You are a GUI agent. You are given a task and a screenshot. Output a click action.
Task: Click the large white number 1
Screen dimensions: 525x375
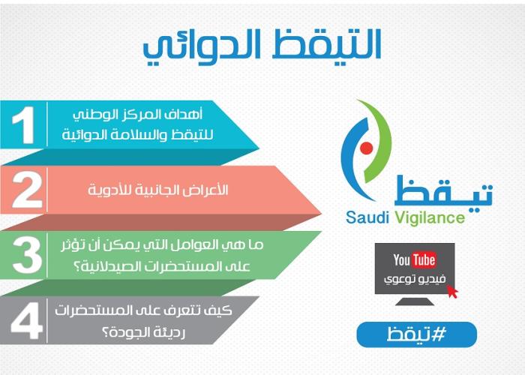pyautogui.click(x=24, y=125)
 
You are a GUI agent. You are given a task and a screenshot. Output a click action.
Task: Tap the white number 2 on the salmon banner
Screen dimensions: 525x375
pyautogui.click(x=27, y=190)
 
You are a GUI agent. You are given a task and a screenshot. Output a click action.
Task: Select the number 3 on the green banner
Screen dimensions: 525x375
pyautogui.click(x=27, y=255)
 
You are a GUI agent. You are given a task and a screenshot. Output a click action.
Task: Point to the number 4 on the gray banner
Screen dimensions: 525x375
pyautogui.click(x=27, y=320)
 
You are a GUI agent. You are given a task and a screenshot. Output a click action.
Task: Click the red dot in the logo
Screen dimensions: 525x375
pyautogui.click(x=367, y=148)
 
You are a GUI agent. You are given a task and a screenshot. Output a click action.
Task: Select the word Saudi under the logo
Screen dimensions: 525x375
pyautogui.click(x=367, y=217)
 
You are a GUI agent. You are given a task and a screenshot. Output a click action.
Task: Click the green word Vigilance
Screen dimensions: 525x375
pyautogui.click(x=430, y=218)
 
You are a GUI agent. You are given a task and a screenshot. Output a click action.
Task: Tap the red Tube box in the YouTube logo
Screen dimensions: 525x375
pyautogui.click(x=424, y=259)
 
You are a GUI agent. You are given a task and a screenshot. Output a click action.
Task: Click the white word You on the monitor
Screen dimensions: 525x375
pyautogui.click(x=402, y=259)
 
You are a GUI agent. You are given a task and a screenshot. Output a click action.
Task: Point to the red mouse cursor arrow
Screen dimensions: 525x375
pyautogui.click(x=452, y=291)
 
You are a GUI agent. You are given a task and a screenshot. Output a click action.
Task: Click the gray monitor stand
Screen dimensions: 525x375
pyautogui.click(x=415, y=301)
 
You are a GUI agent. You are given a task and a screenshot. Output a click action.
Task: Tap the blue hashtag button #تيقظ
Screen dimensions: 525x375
pyautogui.click(x=416, y=334)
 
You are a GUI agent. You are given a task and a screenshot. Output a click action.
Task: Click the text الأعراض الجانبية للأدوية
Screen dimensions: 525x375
pyautogui.click(x=158, y=190)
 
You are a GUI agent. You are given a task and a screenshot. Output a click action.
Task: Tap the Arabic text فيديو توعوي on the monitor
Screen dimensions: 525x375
pyautogui.click(x=415, y=279)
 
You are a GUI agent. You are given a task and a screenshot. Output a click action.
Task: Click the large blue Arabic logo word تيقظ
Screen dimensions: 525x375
pyautogui.click(x=443, y=190)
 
